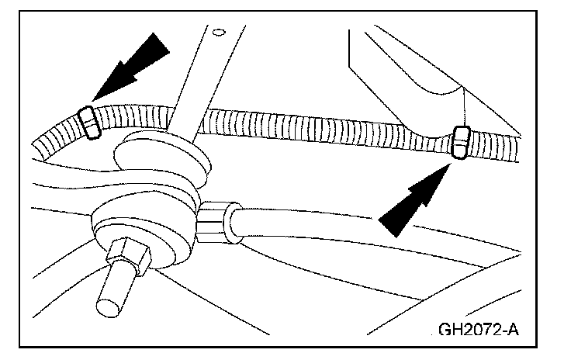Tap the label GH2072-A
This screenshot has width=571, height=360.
478,328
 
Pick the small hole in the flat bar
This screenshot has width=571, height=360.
220,33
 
